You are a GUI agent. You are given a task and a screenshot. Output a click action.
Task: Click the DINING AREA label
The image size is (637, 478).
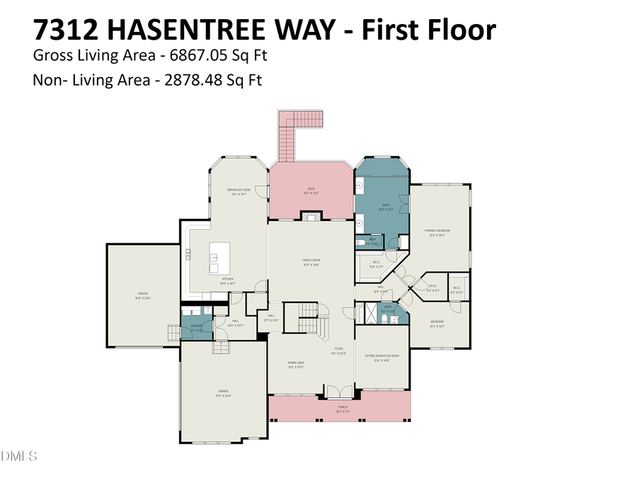296,365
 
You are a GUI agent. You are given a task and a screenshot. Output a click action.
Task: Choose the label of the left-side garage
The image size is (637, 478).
143,295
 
